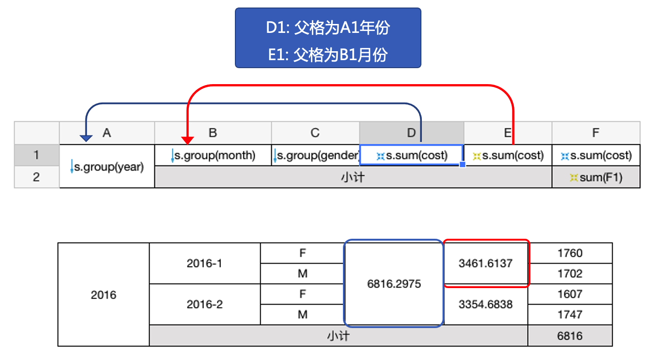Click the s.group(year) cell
[107, 166]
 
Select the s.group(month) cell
[213, 155]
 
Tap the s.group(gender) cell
[316, 155]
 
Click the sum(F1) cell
[596, 177]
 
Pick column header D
[412, 133]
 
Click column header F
[596, 133]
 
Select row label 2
[37, 177]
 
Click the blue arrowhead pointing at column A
[86, 138]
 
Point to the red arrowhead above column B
[187, 141]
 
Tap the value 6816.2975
[394, 284]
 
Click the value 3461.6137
[485, 264]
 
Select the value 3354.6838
[485, 304]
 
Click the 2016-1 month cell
[205, 264]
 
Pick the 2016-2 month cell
[205, 304]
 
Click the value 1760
[570, 253]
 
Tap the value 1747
[570, 314]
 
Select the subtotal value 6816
[570, 336]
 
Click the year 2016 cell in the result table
[103, 295]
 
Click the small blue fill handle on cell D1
[462, 164]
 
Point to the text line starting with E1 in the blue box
[328, 55]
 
